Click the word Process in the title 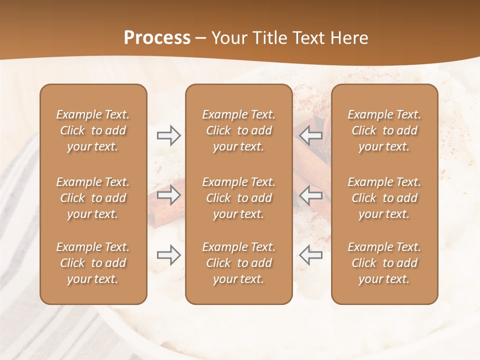pos(157,38)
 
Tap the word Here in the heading pos(350,38)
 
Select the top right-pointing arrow pos(168,135)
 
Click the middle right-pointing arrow pos(168,195)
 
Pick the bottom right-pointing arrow pos(168,255)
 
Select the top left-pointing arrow pos(310,135)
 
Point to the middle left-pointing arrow pos(310,195)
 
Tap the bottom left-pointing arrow pos(310,255)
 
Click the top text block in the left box pos(93,130)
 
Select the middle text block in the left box pos(93,198)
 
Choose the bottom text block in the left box pos(93,263)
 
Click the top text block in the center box pos(239,130)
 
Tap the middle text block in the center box pos(239,198)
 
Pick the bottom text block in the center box pos(239,263)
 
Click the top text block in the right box pos(384,130)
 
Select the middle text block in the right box pos(384,198)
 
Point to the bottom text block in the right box pos(384,263)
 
